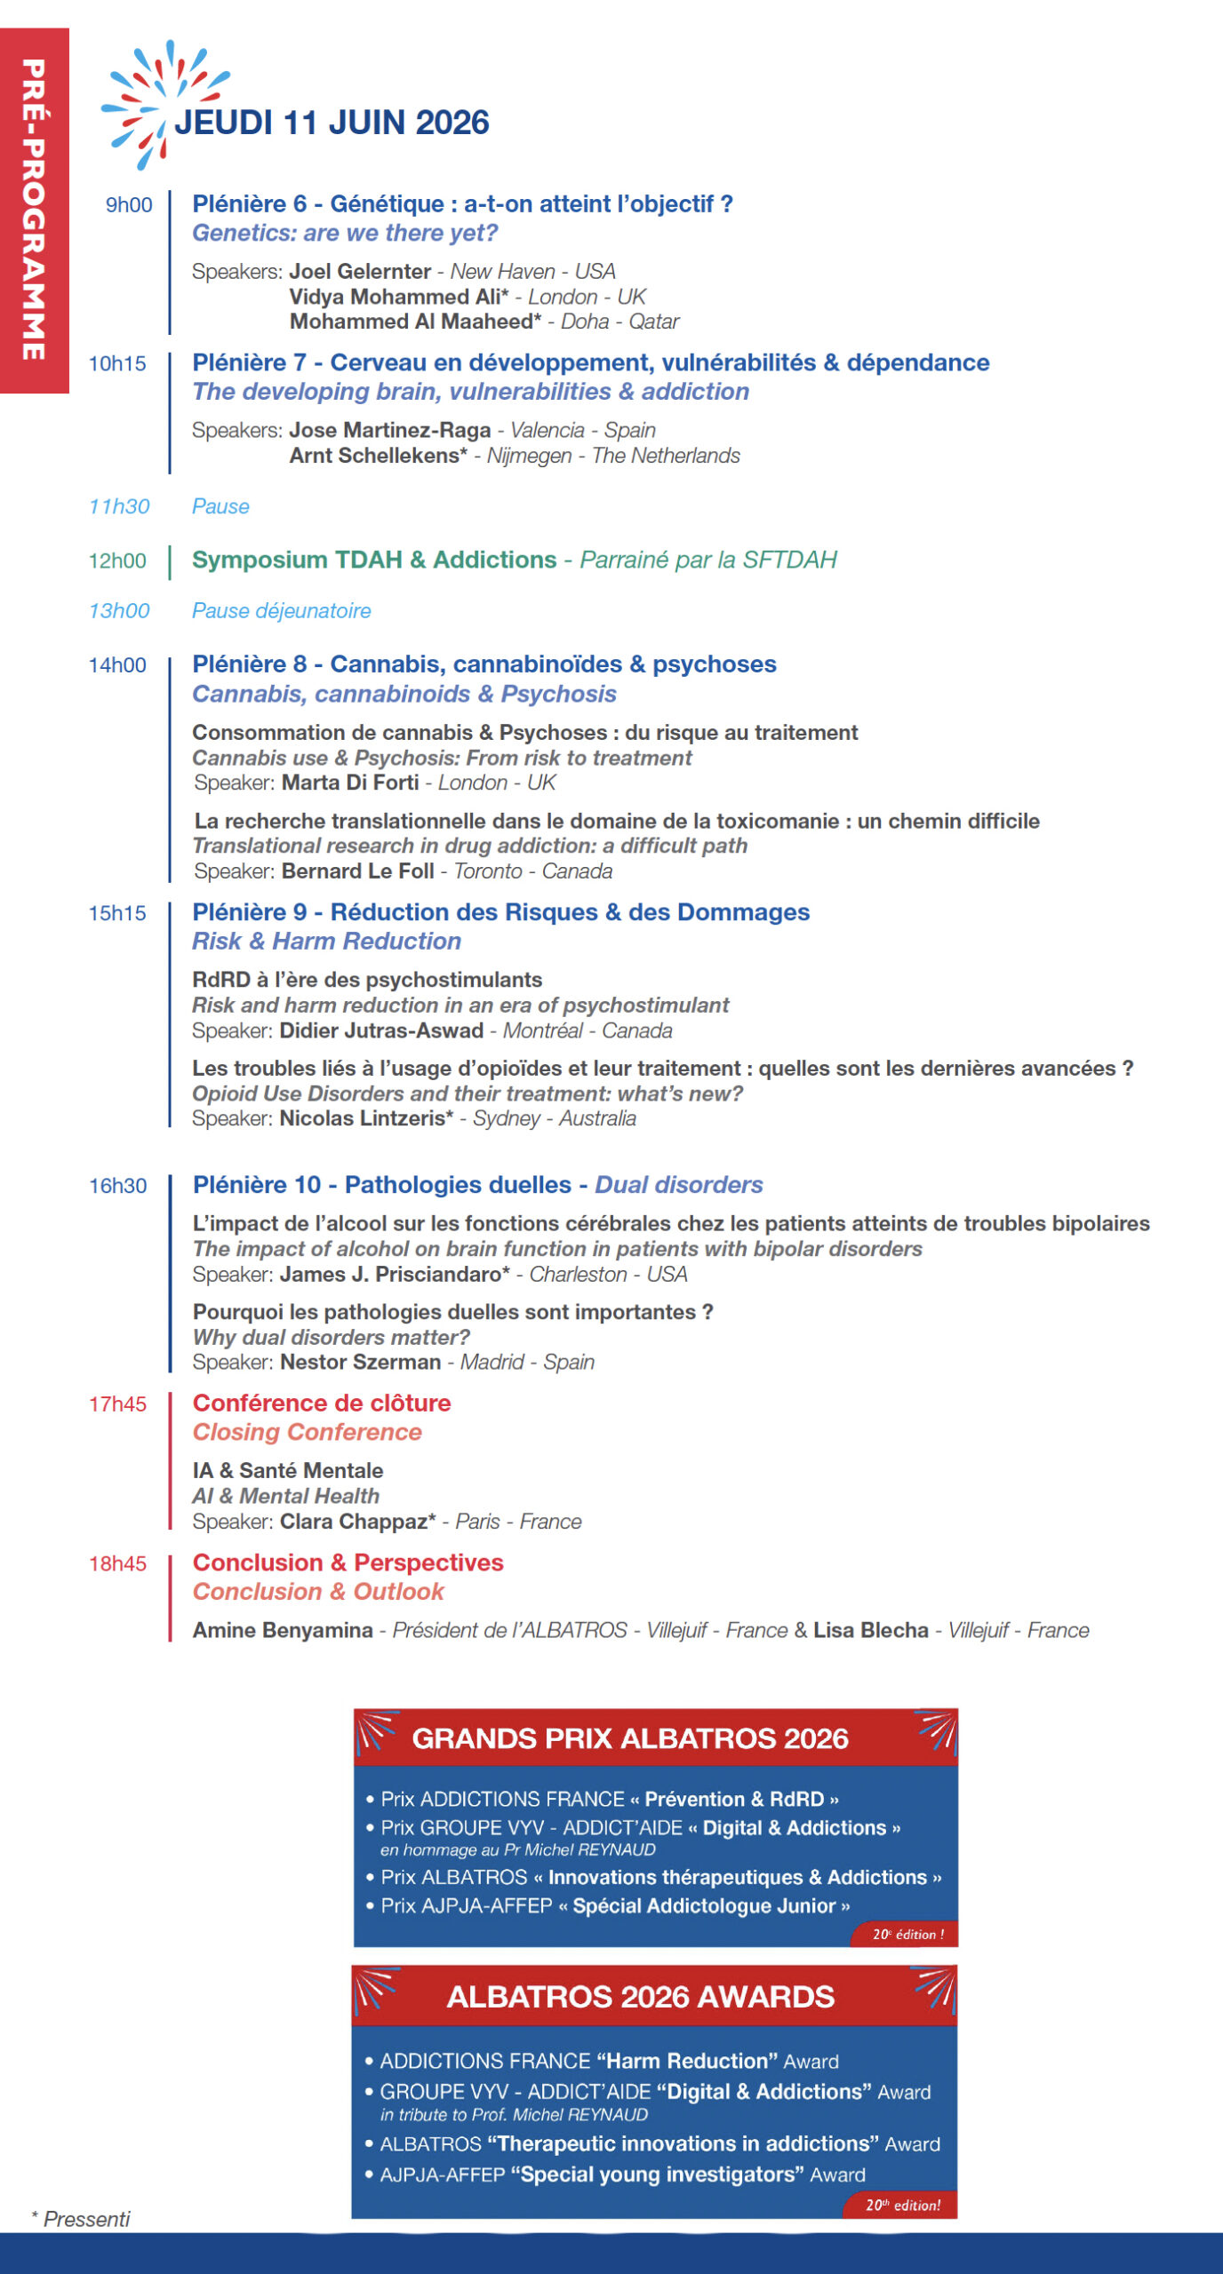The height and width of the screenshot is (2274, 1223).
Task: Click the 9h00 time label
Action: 129,205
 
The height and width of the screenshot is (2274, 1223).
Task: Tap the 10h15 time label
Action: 117,363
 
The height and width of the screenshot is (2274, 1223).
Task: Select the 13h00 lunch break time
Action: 119,611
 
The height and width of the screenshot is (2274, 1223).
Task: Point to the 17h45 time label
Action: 117,1403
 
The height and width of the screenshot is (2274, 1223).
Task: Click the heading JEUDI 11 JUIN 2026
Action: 332,123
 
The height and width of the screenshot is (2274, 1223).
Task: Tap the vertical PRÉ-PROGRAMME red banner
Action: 34,210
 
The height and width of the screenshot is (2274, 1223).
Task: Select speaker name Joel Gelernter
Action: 360,271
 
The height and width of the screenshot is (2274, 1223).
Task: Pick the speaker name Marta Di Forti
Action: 350,783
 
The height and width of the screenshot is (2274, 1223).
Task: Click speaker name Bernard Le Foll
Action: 357,871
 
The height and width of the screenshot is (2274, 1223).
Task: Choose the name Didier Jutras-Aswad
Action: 381,1030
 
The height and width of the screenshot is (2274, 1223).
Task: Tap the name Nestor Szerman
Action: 360,1362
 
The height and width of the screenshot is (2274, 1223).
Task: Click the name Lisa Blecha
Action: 870,1630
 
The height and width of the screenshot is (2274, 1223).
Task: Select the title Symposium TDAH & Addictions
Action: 374,560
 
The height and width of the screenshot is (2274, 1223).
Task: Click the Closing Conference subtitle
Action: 308,1432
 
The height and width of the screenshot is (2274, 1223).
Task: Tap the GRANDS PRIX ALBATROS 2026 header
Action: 630,1738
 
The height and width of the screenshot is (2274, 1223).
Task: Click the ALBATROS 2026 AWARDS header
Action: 640,1997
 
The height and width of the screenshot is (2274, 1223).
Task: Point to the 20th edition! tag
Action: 903,2205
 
